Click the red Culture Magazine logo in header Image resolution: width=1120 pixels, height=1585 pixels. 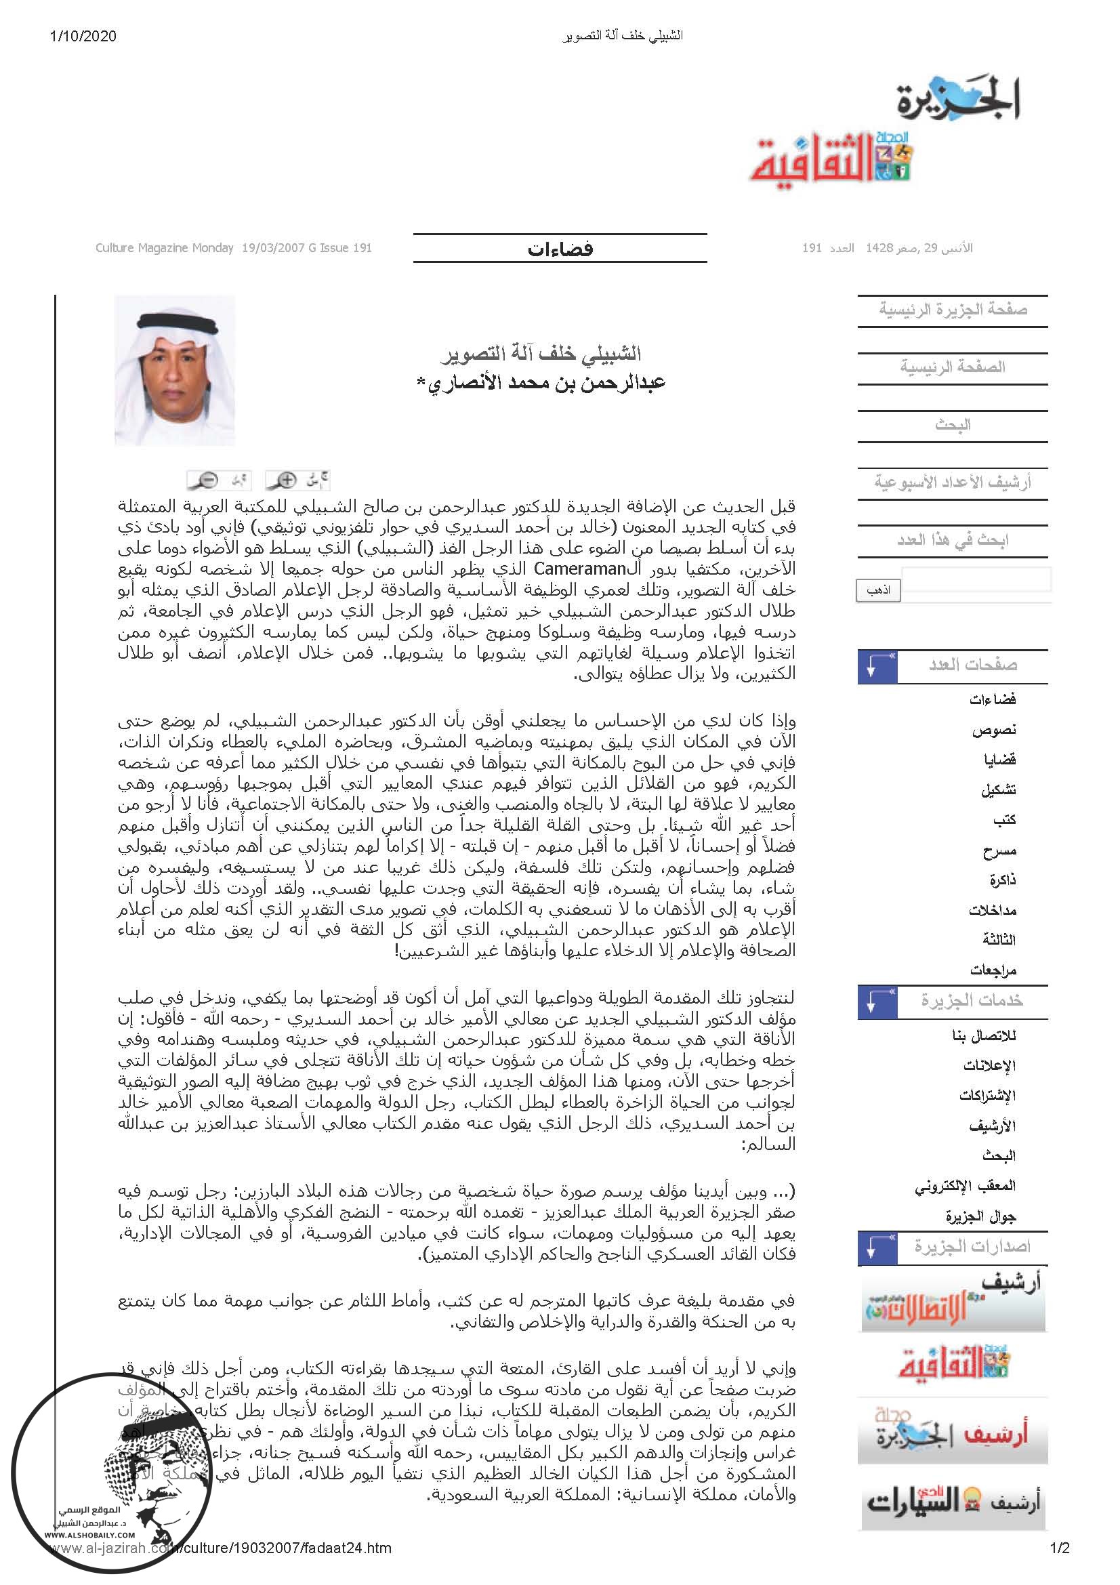click(x=831, y=159)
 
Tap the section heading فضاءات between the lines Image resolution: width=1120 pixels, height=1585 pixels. click(x=560, y=249)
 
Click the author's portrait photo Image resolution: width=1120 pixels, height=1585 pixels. click(x=175, y=370)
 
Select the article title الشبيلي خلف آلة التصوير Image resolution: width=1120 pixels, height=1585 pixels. click(x=540, y=354)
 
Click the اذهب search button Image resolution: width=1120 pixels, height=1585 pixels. click(x=878, y=590)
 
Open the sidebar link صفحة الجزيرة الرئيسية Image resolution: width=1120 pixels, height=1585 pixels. click(x=953, y=309)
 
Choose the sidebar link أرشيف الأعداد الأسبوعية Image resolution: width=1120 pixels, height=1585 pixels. click(x=953, y=482)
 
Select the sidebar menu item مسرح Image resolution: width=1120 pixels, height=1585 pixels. click(x=999, y=850)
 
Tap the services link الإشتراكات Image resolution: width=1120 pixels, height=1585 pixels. click(x=987, y=1096)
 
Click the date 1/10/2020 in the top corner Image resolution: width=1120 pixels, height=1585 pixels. click(x=83, y=36)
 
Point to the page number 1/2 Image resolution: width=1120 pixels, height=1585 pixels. click(x=1059, y=1548)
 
